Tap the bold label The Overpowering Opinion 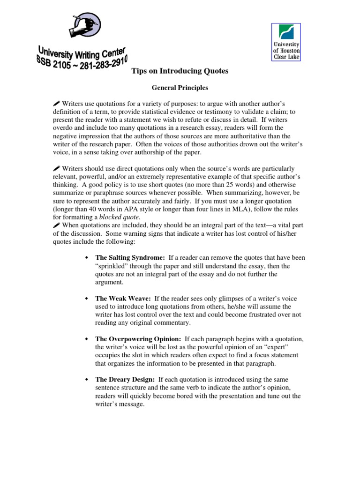[138, 339]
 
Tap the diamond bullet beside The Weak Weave [86, 299]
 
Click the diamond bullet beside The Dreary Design [86, 379]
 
